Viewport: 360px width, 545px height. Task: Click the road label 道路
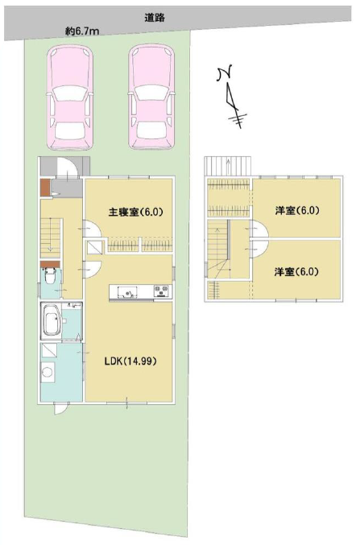coord(155,18)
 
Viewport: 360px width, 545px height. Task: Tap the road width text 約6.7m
coord(82,31)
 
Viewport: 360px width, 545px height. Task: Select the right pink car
coord(151,97)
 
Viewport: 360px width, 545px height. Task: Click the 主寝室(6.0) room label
coord(136,212)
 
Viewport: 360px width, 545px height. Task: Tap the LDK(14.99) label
coord(130,361)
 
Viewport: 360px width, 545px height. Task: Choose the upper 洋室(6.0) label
coord(297,211)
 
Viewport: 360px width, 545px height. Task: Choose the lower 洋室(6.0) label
coord(296,272)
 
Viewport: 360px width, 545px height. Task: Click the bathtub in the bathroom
coord(52,321)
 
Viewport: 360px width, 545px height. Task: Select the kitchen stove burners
coord(162,291)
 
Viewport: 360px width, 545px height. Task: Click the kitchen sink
coord(127,292)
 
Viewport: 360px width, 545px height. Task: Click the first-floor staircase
coord(51,237)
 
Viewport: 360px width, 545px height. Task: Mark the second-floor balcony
coord(228,166)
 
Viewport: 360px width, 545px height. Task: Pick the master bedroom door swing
coord(92,229)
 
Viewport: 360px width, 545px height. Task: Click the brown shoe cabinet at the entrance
coord(45,188)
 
